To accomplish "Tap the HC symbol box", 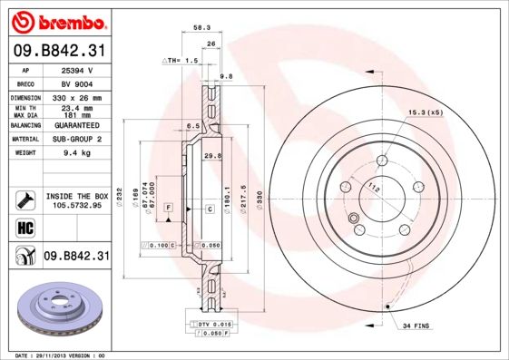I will (x=24, y=227).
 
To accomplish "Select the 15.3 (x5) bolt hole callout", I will (x=425, y=112).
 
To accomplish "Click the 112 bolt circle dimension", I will (x=373, y=188).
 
